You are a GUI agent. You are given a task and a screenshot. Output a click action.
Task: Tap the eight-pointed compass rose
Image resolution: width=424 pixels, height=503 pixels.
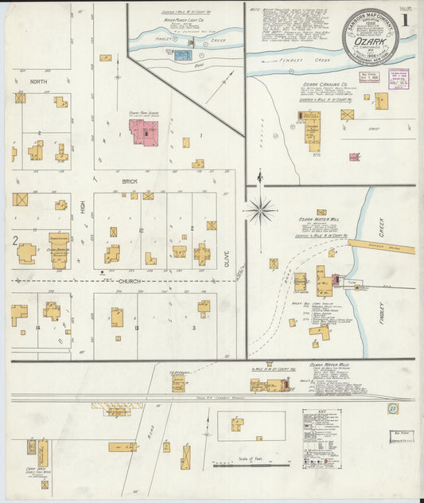coord(260,211)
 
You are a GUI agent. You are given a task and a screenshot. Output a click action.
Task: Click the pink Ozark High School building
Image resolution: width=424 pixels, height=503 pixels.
coord(144,133)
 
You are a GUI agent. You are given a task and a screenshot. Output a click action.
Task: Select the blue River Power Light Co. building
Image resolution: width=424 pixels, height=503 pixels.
coord(183,55)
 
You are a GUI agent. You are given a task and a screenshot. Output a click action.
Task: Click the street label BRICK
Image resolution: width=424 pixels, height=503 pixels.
coord(130,181)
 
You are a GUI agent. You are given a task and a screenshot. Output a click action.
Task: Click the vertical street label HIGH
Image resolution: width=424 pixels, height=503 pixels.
coord(82,209)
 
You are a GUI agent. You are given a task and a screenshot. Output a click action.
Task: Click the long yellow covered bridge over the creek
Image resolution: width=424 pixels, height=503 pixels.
coord(381,247)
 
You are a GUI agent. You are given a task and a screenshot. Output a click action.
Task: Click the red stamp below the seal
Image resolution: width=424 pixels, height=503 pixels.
coord(369,80)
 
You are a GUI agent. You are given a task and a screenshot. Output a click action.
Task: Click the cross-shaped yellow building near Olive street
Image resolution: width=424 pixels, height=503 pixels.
coord(202,254)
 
